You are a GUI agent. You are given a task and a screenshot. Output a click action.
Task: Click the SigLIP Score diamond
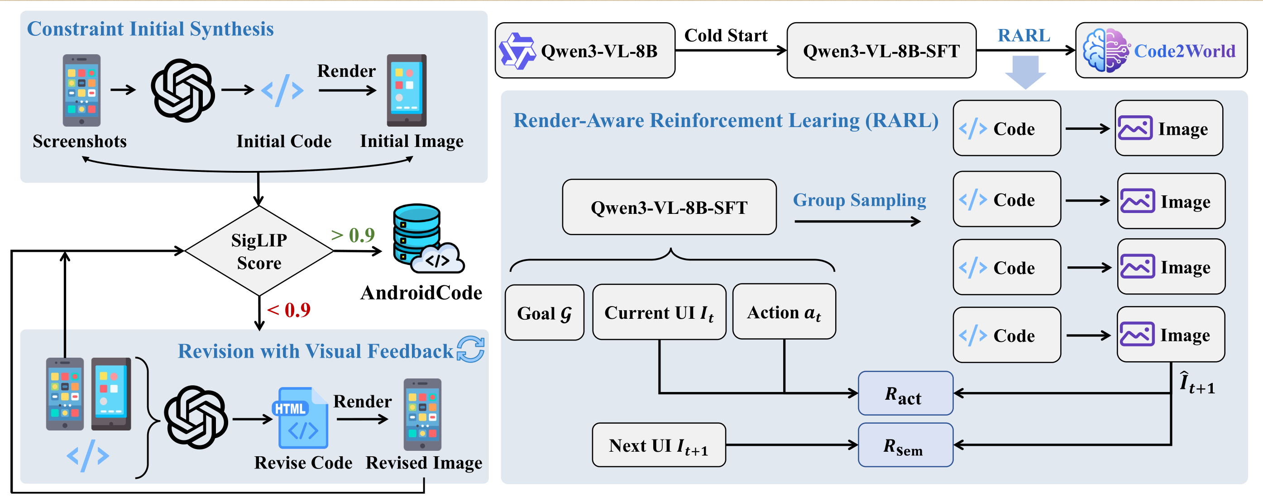coord(259,251)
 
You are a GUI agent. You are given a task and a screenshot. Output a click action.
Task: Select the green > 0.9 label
coord(353,236)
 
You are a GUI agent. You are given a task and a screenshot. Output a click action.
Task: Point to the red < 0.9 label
coord(289,310)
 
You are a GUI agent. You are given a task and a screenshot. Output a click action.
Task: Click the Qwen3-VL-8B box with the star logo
coord(584,51)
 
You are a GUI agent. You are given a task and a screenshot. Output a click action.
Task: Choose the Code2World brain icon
coord(1105,51)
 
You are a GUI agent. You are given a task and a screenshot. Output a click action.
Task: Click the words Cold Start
coord(725,35)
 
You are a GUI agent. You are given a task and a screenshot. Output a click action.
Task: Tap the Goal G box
coord(544,313)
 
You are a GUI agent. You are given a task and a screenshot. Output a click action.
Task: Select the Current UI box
coord(659,312)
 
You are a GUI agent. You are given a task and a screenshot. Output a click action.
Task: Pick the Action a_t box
coord(784,312)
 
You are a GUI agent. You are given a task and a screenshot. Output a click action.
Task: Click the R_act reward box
coord(905,393)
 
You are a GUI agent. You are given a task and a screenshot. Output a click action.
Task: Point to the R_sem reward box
coord(905,445)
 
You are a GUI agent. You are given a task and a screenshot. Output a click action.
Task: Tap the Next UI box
coord(659,445)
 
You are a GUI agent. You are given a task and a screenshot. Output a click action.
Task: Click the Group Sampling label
coord(859,200)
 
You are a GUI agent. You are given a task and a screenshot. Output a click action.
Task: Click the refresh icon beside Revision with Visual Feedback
coord(470,349)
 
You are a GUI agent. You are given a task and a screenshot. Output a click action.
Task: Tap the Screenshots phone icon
coord(81,90)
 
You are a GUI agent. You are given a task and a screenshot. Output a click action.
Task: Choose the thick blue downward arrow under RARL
coord(1025,71)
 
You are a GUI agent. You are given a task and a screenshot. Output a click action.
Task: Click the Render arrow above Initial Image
coord(347,90)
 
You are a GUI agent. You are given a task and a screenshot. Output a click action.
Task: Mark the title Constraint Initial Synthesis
coord(150,29)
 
